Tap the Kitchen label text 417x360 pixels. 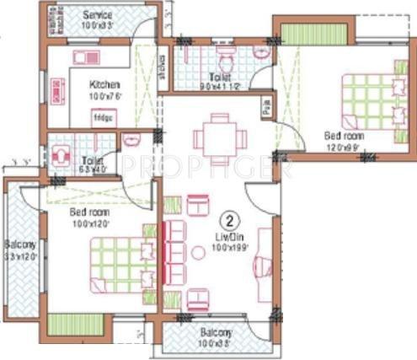pyautogui.click(x=105, y=84)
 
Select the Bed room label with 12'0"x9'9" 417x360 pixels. pyautogui.click(x=345, y=134)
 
